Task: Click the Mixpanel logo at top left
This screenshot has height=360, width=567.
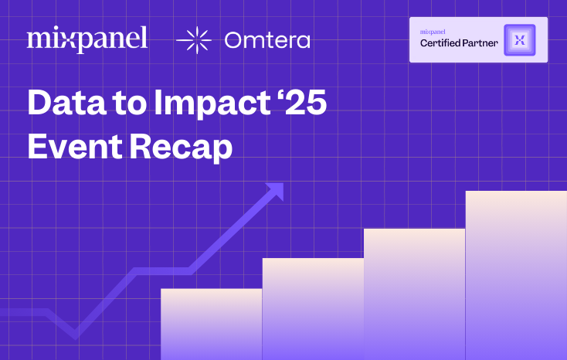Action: [87, 39]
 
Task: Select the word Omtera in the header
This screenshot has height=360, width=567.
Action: [267, 40]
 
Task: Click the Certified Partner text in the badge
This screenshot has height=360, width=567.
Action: [459, 43]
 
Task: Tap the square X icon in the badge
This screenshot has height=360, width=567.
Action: [519, 39]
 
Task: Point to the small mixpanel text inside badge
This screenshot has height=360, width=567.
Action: [434, 32]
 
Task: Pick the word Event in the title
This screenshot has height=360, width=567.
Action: [69, 147]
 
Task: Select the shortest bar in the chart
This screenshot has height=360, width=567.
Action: [211, 324]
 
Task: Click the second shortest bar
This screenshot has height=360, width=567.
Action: [313, 309]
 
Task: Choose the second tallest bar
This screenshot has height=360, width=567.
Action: [414, 294]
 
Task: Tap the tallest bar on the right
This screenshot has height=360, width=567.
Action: [516, 275]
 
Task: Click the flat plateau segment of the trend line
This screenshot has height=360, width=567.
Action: [162, 270]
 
